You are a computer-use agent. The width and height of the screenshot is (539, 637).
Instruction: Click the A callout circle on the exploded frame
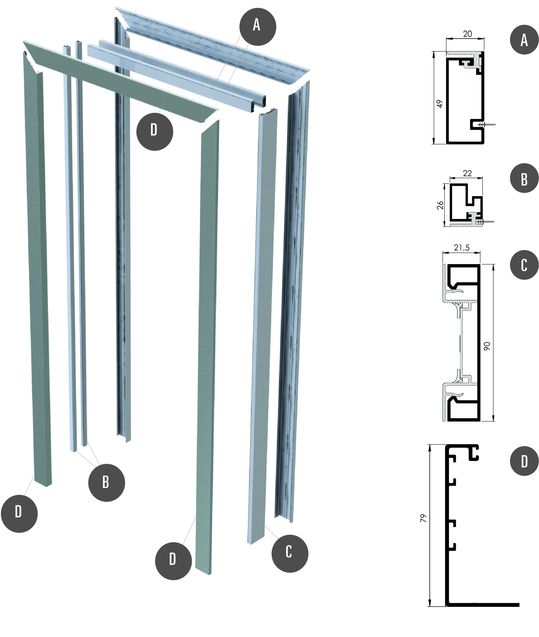258,27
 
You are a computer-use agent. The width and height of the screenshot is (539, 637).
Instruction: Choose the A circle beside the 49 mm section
524,40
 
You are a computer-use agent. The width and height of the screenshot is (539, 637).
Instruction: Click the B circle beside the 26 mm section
524,178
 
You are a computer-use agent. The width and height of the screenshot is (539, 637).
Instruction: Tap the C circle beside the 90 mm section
524,265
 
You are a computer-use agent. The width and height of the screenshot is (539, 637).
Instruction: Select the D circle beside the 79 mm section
524,461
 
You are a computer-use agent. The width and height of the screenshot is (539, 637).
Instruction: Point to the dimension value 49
440,104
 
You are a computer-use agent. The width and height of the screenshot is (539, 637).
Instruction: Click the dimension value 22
467,173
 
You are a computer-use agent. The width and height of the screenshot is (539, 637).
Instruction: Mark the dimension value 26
440,205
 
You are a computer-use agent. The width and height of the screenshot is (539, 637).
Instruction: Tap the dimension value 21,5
462,248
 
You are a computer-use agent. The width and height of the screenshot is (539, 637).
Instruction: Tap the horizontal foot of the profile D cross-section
483,605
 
